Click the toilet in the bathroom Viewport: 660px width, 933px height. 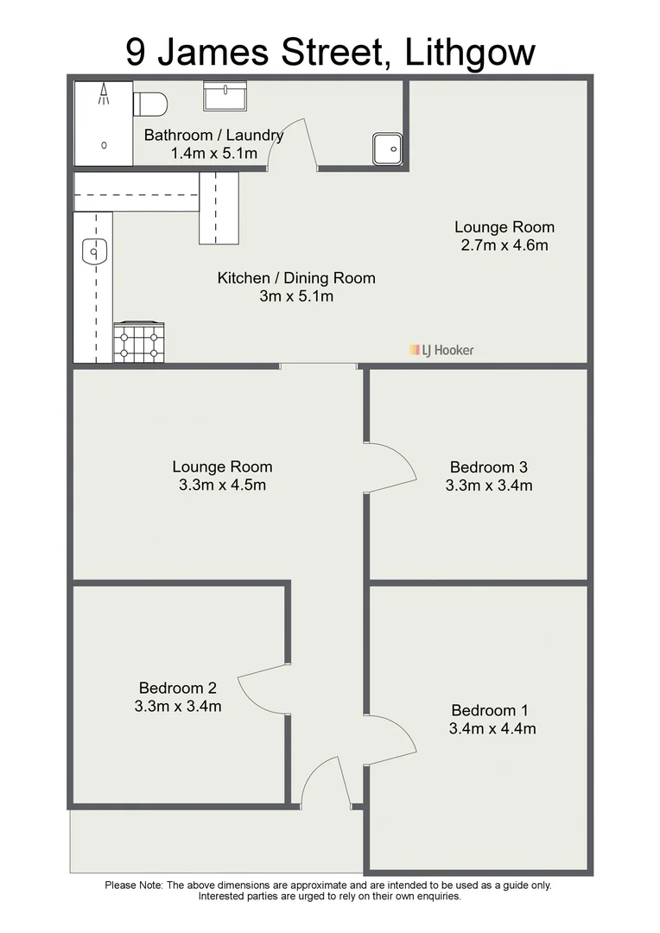[x=150, y=104]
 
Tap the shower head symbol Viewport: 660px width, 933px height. [x=105, y=93]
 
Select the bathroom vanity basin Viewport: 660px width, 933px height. [x=225, y=96]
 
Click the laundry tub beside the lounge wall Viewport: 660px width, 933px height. [x=387, y=149]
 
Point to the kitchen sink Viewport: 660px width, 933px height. [x=92, y=251]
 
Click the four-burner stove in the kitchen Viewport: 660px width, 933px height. [x=138, y=342]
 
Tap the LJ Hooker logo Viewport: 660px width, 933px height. [x=441, y=350]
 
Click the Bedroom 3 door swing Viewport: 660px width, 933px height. [x=393, y=467]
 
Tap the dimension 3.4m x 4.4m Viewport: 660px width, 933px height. [x=492, y=728]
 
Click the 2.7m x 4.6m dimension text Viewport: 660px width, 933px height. [x=505, y=244]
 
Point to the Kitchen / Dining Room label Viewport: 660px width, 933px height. [x=295, y=278]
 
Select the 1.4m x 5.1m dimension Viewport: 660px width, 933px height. [x=213, y=153]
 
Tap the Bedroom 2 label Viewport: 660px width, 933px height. [x=177, y=689]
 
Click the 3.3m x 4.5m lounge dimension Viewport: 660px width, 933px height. [x=222, y=485]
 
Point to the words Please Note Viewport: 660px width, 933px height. [x=133, y=885]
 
